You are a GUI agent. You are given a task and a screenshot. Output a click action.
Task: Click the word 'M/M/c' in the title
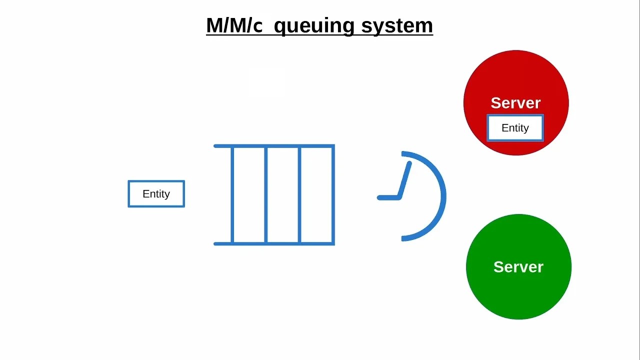234,25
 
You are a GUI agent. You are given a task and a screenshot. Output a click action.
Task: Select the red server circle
516,75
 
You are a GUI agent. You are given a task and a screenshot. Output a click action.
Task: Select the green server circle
518,295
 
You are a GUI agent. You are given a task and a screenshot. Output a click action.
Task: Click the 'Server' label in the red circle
515,103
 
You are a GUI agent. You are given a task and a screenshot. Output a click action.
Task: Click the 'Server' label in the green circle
518,267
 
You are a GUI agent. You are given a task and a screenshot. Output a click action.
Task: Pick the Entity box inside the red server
515,128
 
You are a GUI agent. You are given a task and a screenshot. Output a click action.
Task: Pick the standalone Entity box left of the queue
156,194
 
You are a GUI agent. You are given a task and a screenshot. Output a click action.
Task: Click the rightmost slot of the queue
316,195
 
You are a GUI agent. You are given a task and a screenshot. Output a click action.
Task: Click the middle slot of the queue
282,195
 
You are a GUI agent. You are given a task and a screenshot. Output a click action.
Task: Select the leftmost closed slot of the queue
249,195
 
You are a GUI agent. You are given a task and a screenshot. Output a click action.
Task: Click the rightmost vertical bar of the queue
333,195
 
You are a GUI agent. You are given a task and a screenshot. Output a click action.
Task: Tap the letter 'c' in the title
257,26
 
